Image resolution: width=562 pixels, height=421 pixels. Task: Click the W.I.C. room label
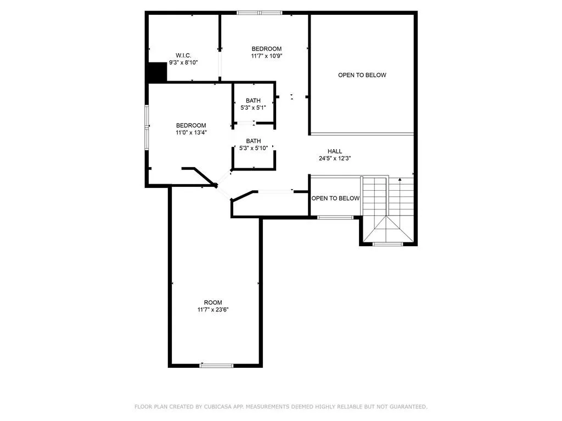tap(183, 55)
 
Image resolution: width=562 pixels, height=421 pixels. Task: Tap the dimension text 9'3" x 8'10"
tap(183, 62)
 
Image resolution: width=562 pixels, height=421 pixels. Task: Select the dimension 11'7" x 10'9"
tap(266, 56)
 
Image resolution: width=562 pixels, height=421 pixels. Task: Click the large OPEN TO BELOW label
tap(362, 75)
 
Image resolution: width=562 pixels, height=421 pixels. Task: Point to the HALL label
tap(335, 151)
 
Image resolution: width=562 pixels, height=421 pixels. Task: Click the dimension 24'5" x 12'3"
tap(335, 158)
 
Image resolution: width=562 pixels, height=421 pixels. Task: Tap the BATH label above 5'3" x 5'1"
tap(253, 100)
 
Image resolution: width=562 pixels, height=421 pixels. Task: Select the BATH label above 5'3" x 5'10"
tap(253, 141)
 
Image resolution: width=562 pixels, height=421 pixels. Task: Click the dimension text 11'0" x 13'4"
tap(191, 132)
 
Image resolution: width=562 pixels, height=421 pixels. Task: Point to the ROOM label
tap(213, 303)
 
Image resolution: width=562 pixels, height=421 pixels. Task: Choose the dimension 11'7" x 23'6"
tap(213, 310)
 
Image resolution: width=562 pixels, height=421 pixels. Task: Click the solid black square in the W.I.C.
tap(158, 72)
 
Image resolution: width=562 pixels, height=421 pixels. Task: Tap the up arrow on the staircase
tap(400, 179)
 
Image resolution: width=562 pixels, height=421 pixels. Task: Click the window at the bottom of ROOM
tap(216, 365)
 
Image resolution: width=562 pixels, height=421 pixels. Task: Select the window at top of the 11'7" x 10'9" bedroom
tap(259, 12)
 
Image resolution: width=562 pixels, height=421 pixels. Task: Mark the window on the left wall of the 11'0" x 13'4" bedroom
tap(147, 127)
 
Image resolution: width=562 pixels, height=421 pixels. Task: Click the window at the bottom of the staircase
tap(388, 244)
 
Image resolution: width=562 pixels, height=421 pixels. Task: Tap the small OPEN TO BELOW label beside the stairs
tap(335, 198)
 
